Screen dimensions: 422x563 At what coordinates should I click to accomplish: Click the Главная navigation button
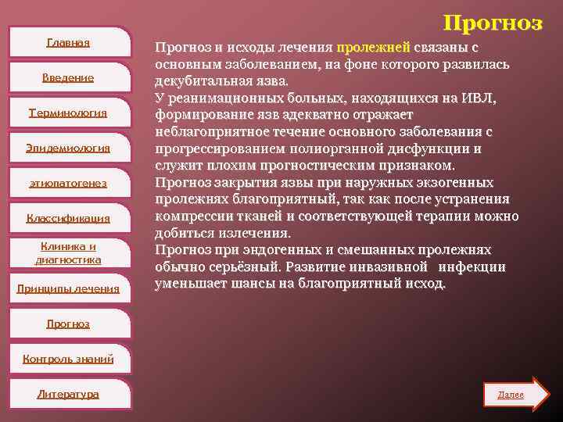(68, 42)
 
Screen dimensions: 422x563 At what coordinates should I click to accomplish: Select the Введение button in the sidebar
(68, 77)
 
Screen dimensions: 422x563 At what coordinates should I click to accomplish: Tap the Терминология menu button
(68, 113)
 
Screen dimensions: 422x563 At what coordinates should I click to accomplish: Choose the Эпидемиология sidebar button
(68, 148)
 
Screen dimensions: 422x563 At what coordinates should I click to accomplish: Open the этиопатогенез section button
(68, 183)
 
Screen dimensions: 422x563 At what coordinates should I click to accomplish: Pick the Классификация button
(68, 218)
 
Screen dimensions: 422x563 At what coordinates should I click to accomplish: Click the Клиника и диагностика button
(68, 253)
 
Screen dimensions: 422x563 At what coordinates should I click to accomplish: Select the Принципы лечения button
(68, 288)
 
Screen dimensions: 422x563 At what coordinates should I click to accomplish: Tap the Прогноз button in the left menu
(68, 324)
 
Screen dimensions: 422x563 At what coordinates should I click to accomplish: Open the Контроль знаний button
(68, 359)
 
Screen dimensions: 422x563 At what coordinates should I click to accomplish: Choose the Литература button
(68, 394)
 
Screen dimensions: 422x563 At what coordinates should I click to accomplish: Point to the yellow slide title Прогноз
(492, 23)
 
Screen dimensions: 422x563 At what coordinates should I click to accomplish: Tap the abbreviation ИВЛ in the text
(478, 98)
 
